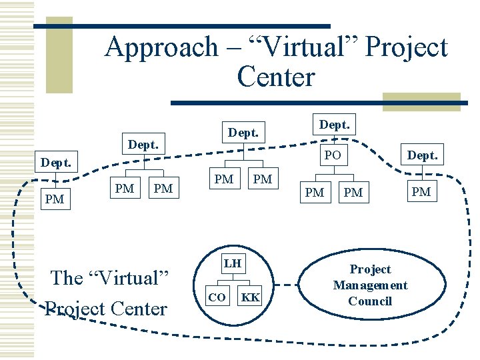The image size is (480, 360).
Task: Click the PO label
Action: point(333,155)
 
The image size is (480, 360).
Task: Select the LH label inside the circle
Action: point(232,263)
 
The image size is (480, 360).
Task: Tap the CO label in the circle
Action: point(217,297)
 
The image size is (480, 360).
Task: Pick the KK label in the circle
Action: point(251,297)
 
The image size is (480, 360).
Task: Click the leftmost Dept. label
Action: point(57,162)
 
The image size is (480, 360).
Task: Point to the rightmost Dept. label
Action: point(422,155)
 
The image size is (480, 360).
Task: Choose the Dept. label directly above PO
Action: point(335,125)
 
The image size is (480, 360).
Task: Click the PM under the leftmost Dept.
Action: point(54,198)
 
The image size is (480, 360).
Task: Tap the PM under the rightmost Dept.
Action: point(421,192)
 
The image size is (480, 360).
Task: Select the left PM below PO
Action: point(314,193)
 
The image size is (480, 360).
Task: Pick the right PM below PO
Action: point(353,193)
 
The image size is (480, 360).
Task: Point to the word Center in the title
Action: point(275,77)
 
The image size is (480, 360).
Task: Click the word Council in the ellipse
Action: point(370,301)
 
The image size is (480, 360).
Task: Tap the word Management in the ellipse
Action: point(370,285)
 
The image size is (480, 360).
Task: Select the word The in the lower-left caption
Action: point(67,277)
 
